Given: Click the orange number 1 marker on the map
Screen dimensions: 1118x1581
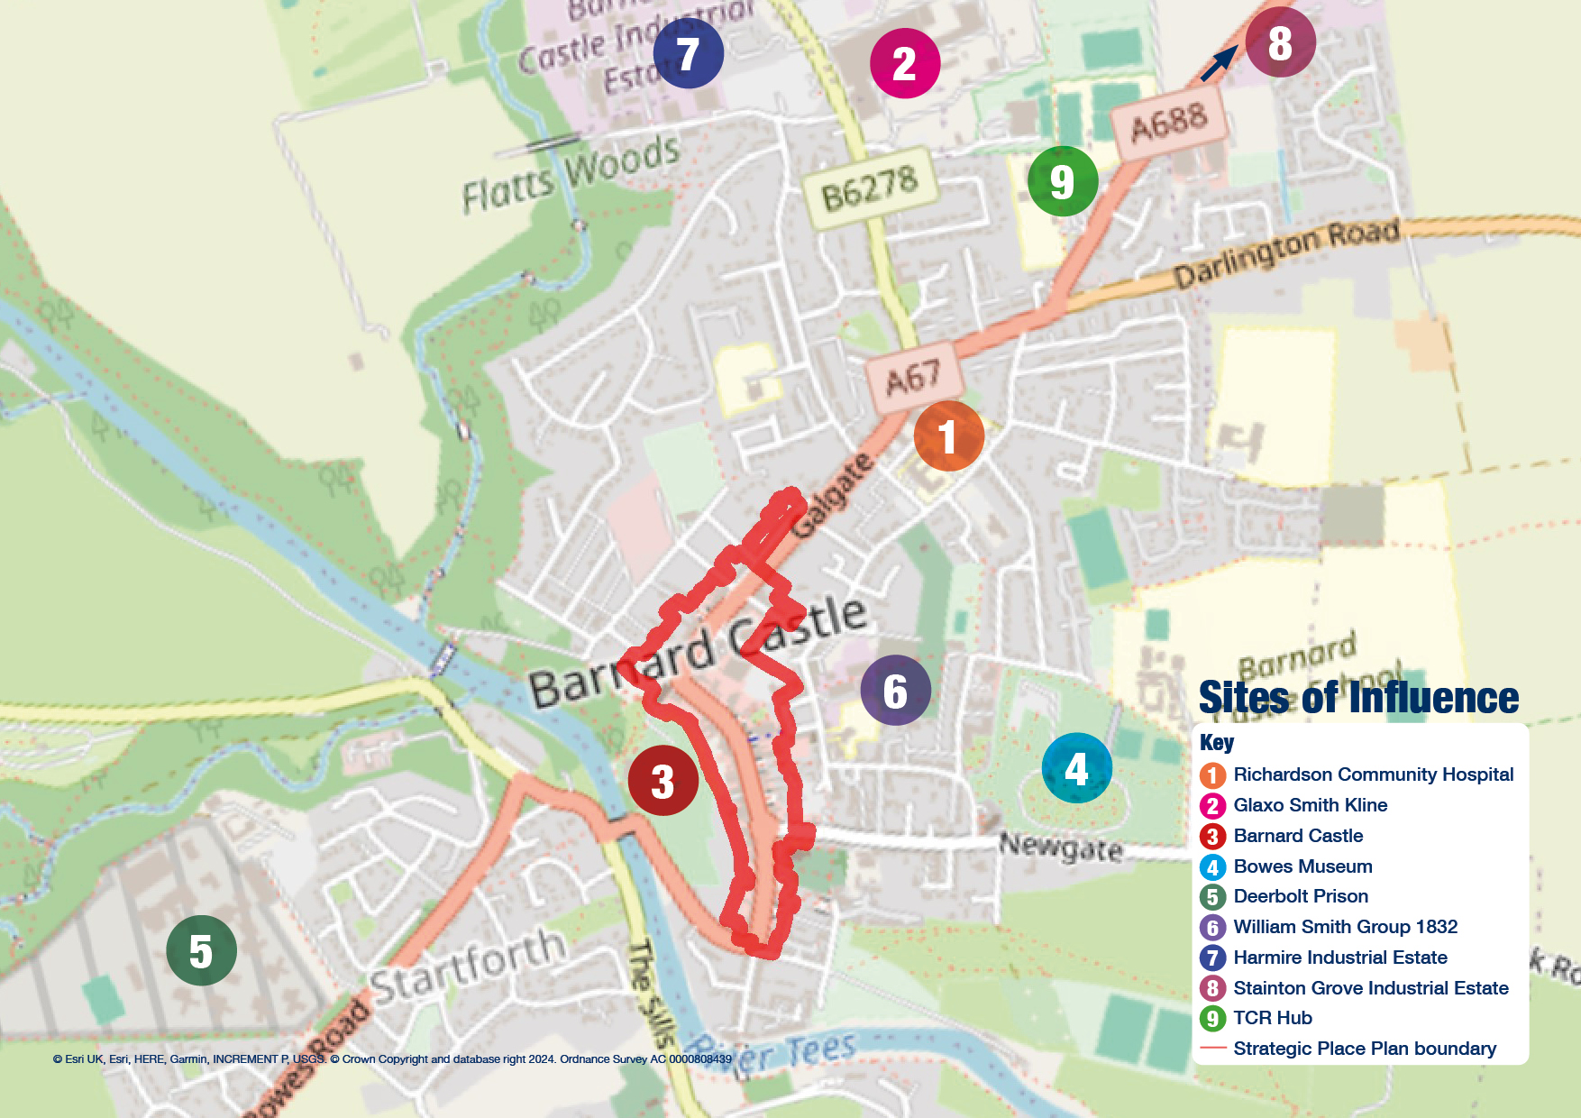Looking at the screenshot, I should pyautogui.click(x=948, y=436).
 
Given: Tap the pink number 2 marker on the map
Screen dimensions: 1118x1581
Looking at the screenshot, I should pyautogui.click(x=904, y=63).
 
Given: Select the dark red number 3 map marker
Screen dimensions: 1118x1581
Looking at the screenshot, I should pyautogui.click(x=663, y=781).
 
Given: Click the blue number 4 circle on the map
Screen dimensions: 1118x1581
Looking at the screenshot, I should pyautogui.click(x=1076, y=768).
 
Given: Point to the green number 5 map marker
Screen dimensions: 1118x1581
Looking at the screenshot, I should pyautogui.click(x=201, y=950).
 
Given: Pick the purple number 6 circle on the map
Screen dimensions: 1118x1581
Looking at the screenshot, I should pyautogui.click(x=895, y=691).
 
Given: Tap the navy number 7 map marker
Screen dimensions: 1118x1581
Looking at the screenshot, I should pyautogui.click(x=688, y=53).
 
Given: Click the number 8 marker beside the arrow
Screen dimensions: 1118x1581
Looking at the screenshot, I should pyautogui.click(x=1280, y=42).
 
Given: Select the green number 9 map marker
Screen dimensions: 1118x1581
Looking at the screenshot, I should pyautogui.click(x=1062, y=181).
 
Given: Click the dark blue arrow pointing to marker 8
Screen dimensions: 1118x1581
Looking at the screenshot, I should pyautogui.click(x=1220, y=64).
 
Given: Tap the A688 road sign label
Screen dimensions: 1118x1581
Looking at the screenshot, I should pyautogui.click(x=1168, y=123).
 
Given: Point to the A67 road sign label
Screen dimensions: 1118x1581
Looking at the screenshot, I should pyautogui.click(x=913, y=378).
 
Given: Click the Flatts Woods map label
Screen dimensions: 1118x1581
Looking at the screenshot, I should pyautogui.click(x=571, y=173).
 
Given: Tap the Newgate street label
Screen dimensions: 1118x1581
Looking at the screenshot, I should pyautogui.click(x=1061, y=847).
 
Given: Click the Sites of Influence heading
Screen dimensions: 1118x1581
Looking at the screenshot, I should pyautogui.click(x=1358, y=698).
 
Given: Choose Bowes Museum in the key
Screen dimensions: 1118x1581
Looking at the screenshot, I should pyautogui.click(x=1302, y=866).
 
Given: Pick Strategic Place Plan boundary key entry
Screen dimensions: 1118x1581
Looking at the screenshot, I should pyautogui.click(x=1364, y=1049).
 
